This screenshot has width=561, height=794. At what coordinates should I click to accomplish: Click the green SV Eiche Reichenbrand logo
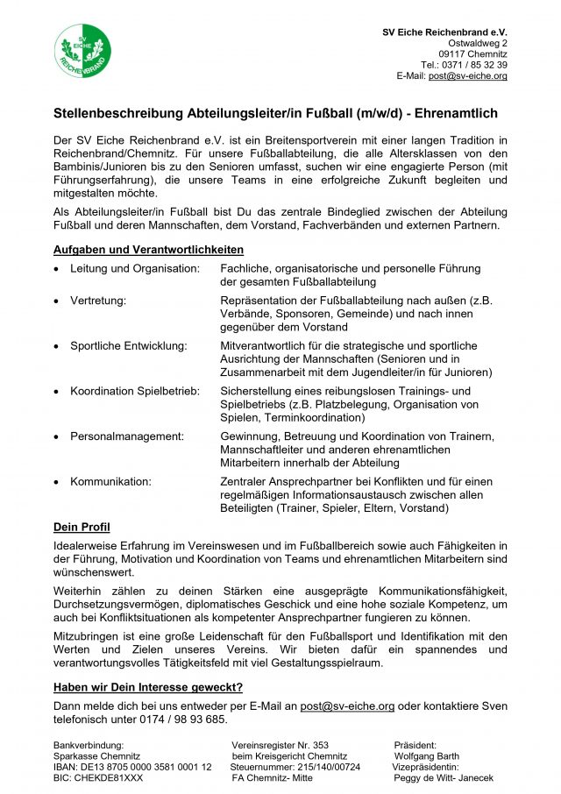pos(82,50)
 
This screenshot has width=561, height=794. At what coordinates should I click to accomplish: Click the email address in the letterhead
pos(467,76)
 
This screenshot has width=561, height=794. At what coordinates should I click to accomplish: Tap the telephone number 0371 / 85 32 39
pos(476,65)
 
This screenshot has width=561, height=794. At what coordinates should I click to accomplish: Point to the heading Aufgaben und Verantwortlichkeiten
pos(148,250)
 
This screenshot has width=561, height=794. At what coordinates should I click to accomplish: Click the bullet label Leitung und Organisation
pos(135,268)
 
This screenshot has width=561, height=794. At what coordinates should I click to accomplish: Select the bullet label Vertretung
pos(98,301)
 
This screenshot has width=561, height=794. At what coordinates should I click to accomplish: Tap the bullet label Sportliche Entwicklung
pos(129,345)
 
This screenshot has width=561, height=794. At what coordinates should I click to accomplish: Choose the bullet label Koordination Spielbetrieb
pos(135,391)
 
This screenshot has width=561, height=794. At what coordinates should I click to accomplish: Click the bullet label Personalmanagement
pos(127,436)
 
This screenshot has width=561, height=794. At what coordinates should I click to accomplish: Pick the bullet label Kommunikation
pos(110,481)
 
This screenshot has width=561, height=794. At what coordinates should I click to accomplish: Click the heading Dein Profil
pos(82,527)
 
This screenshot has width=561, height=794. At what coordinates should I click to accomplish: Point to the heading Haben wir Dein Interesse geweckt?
pos(148,687)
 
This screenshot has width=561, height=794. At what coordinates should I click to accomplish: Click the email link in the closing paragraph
pos(347,705)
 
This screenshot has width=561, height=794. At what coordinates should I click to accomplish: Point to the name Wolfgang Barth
pos(427,755)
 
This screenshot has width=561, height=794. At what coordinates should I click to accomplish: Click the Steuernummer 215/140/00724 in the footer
pos(321,767)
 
